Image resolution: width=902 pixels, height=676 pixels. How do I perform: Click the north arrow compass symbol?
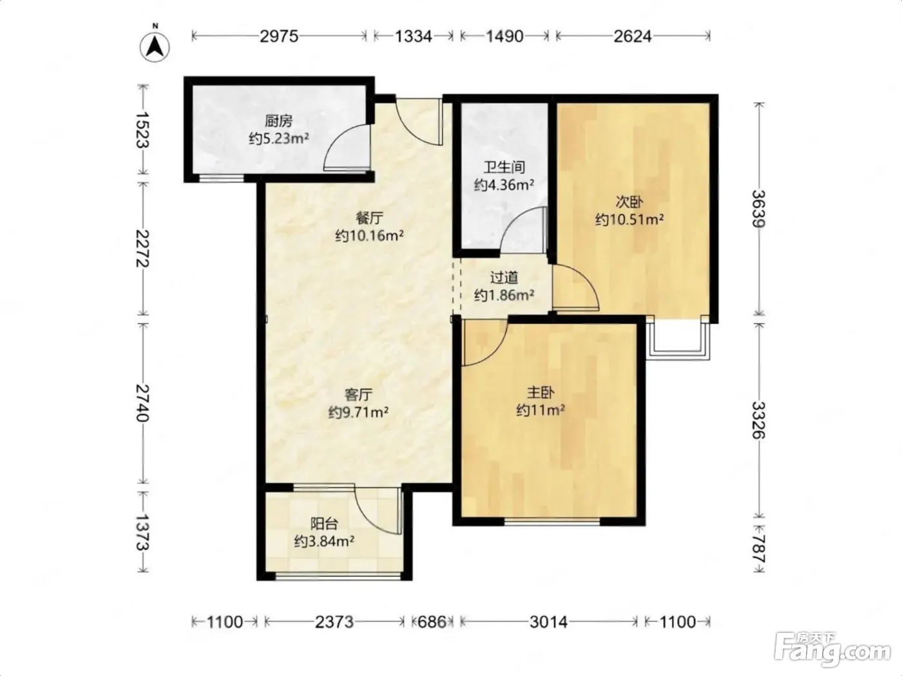click(x=155, y=46)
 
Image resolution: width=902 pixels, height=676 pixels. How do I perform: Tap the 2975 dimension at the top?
click(x=279, y=37)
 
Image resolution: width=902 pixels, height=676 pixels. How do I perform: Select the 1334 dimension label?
click(x=414, y=37)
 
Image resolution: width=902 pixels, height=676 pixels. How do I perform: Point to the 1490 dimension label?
click(x=504, y=37)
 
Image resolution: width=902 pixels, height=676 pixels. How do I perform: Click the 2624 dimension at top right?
click(x=633, y=37)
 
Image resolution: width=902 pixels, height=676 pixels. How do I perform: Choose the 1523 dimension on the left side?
click(x=142, y=130)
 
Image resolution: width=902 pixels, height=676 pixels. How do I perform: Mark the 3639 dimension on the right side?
click(x=758, y=209)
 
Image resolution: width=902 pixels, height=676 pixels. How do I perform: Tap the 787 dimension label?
click(x=758, y=548)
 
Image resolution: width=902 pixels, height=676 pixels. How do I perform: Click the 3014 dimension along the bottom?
click(x=548, y=622)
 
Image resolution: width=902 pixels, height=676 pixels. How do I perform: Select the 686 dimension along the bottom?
click(x=432, y=622)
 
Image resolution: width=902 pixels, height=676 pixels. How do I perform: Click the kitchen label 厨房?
click(x=278, y=121)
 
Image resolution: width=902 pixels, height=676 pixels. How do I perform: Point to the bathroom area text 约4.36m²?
click(x=504, y=185)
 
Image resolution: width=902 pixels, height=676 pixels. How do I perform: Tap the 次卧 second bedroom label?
click(x=629, y=202)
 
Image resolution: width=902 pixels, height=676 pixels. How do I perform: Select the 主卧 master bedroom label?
click(x=541, y=393)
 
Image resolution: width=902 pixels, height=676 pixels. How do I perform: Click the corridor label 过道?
click(x=504, y=278)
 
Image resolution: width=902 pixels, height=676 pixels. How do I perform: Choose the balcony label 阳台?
click(x=324, y=524)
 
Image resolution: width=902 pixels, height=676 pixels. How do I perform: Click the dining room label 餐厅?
click(x=369, y=218)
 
